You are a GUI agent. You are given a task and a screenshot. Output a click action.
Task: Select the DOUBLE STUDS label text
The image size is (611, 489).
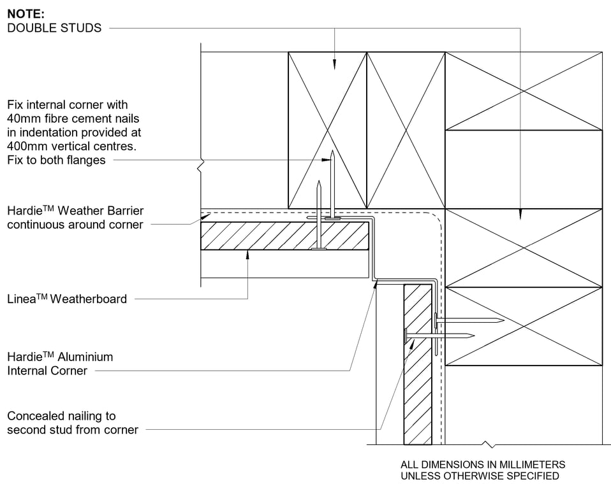(x=54, y=28)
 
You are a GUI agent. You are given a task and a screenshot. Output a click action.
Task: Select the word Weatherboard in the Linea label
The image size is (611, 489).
(x=91, y=299)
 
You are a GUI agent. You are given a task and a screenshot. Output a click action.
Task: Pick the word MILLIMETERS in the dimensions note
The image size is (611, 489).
(x=532, y=465)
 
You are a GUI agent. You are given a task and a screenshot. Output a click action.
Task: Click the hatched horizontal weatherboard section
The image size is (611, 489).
(x=284, y=236)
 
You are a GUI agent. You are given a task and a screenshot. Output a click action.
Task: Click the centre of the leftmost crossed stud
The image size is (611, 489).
(x=327, y=130)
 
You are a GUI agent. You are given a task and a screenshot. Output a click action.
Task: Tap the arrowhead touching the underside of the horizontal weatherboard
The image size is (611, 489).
(x=247, y=253)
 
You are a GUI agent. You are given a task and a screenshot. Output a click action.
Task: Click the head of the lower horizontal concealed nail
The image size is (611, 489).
(x=405, y=335)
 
